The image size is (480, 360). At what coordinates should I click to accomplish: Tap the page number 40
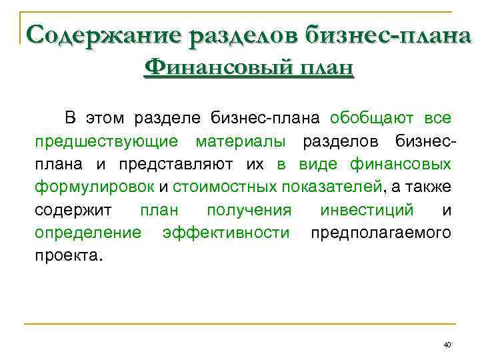coord(447,345)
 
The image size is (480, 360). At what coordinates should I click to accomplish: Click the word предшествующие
coord(107,141)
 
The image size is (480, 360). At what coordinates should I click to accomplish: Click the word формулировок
coord(94,187)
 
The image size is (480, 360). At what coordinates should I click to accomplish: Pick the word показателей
coord(331,187)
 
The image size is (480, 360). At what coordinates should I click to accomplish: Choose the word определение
coord(88,232)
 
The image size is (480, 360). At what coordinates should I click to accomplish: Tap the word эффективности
coord(226,232)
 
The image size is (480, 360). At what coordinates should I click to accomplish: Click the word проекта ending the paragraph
coord(67,255)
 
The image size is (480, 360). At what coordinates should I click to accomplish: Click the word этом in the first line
coord(106,119)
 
